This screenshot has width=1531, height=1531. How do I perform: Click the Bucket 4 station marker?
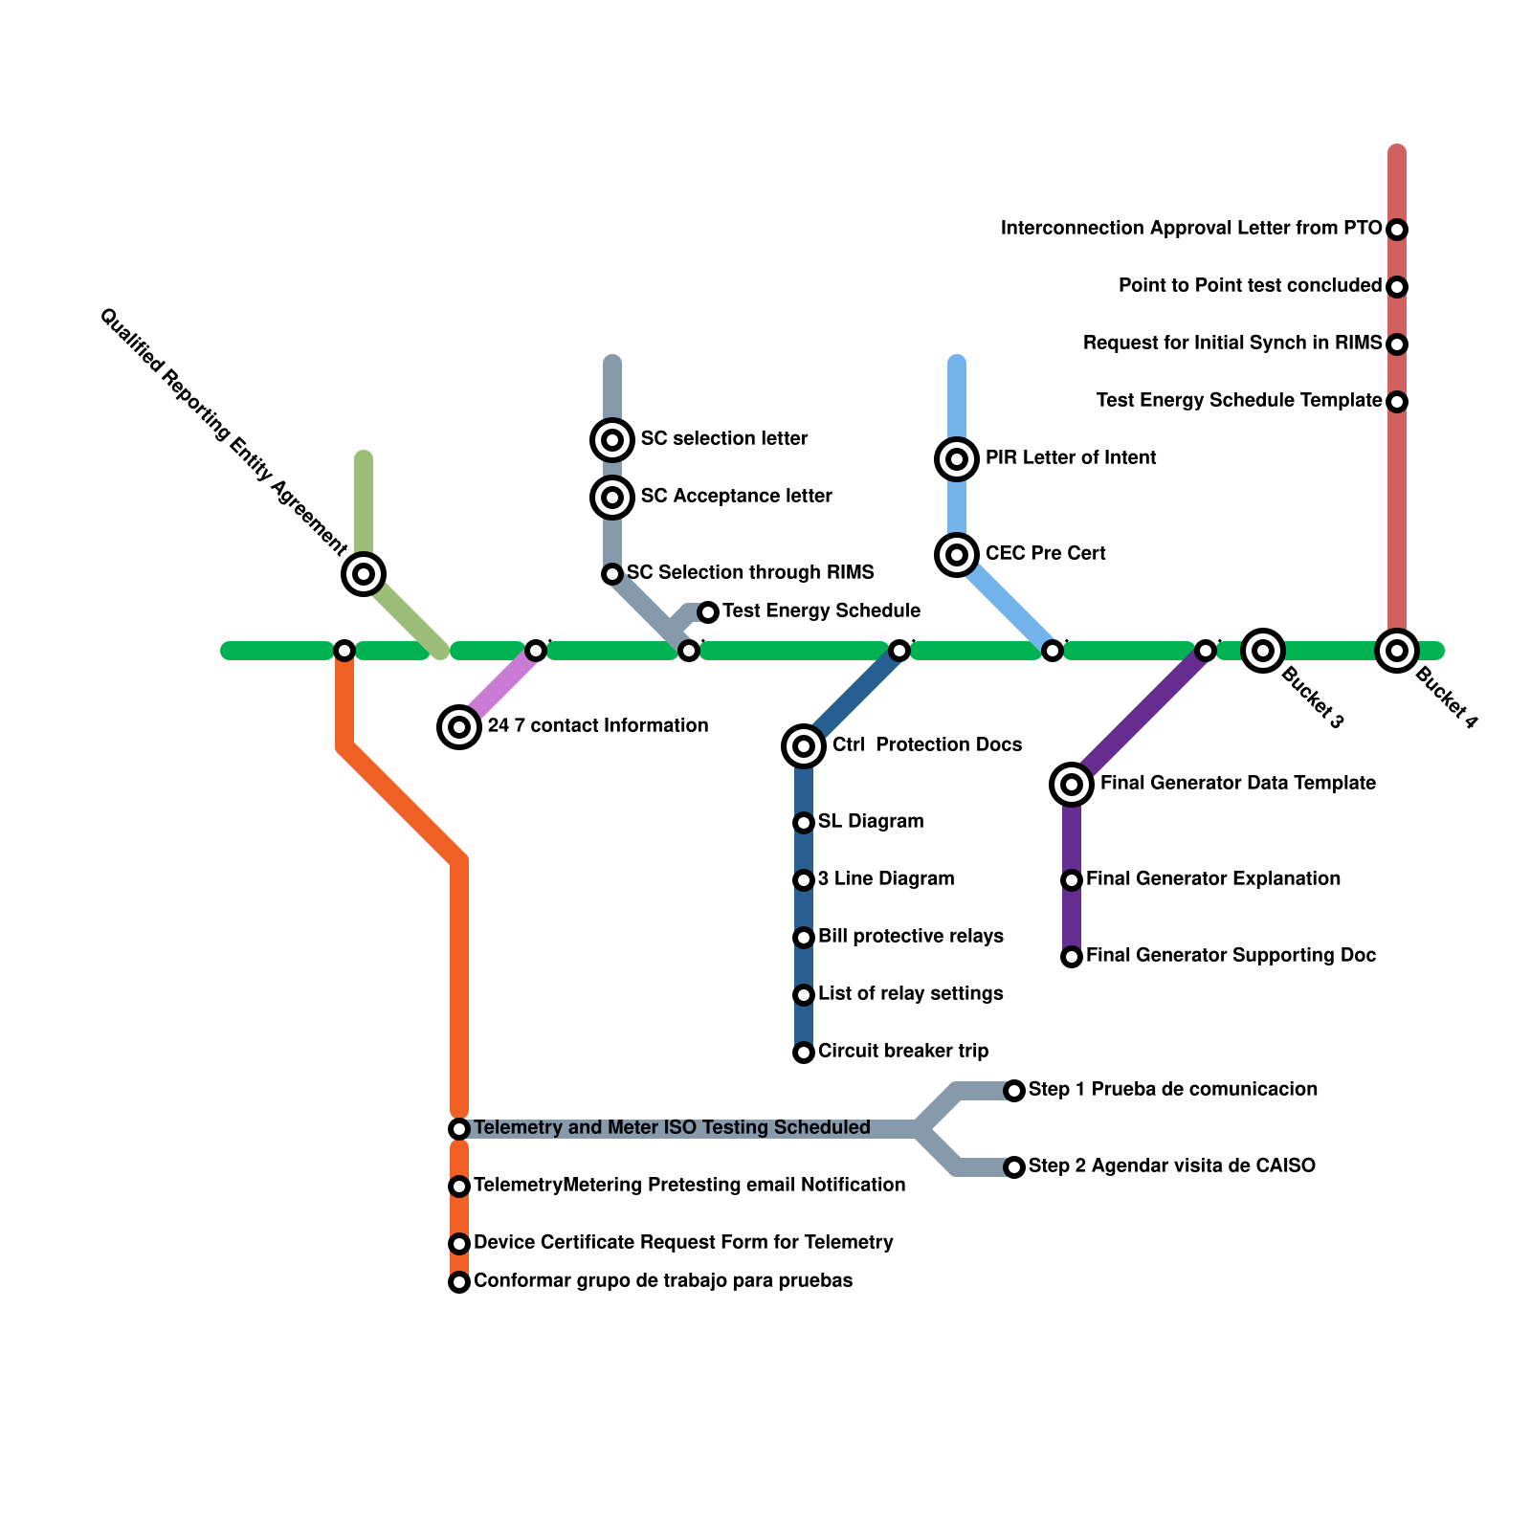pos(1397,651)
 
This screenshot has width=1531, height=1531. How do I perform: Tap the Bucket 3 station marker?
pos(1263,651)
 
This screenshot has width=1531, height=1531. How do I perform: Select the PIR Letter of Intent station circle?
pos(957,459)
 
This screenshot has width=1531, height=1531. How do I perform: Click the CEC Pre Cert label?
pos(1045,553)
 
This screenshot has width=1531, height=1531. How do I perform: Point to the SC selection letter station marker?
pos(612,440)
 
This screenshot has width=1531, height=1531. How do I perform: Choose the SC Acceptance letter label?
pos(736,496)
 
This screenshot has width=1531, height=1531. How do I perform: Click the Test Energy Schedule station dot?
pos(708,612)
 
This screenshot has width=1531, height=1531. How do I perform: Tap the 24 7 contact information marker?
pos(459,727)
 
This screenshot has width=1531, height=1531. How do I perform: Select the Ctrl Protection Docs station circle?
pos(804,746)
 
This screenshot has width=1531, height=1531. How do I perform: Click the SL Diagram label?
pos(871,821)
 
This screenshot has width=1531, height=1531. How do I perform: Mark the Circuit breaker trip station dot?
pos(804,1053)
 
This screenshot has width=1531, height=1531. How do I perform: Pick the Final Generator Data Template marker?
pos(1072,785)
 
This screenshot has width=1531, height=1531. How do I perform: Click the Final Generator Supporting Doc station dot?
pos(1072,957)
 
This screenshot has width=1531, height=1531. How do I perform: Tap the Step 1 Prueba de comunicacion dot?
pos(1014,1091)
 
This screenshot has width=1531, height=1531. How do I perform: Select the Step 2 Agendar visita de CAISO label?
pos(1171,1165)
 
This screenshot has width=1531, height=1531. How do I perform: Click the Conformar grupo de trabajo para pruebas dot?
pos(459,1282)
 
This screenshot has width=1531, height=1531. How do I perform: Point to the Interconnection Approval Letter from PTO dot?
pos(1397,230)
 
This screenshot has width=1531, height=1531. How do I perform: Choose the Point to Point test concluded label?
pos(1250,285)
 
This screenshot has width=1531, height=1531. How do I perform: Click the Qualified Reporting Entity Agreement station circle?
pos(364,574)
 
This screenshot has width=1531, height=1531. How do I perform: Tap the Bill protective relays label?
pos(910,936)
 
